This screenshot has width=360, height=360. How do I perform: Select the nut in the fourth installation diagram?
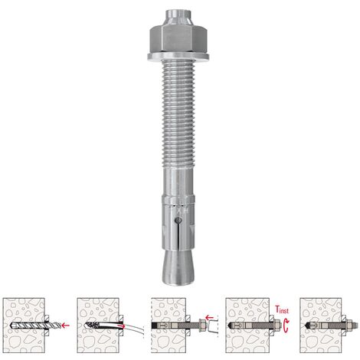(x=265, y=326)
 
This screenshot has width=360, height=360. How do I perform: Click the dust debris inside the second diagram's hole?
(x=95, y=326)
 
